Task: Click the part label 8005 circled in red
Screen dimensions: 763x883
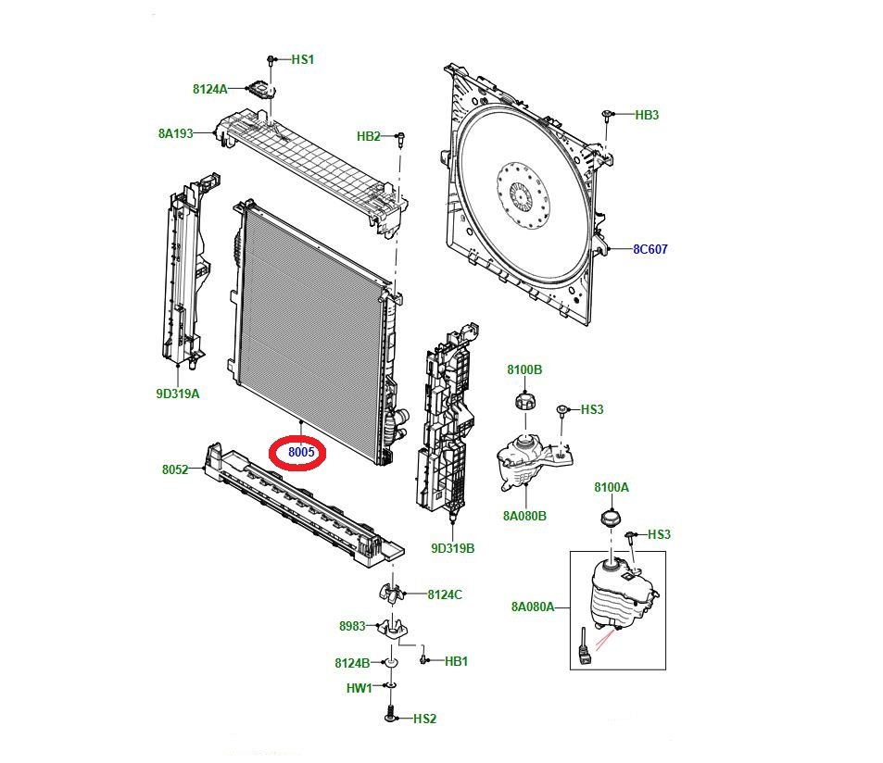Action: [x=303, y=453]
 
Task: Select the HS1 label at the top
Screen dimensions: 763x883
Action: [x=303, y=59]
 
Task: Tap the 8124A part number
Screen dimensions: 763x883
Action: [x=209, y=89]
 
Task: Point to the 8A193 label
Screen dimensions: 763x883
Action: [x=175, y=133]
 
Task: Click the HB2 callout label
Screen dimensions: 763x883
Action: [x=369, y=137]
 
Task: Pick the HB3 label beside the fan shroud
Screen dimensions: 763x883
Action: [x=647, y=115]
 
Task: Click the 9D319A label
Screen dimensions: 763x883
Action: [x=178, y=394]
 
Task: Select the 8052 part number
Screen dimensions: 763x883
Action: [x=175, y=469]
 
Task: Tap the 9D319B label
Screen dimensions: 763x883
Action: [x=452, y=548]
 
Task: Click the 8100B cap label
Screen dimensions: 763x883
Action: [x=524, y=369]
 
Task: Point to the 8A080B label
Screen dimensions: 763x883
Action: [x=525, y=516]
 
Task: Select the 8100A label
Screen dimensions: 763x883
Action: [x=612, y=487]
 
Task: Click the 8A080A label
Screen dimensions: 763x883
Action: [x=532, y=607]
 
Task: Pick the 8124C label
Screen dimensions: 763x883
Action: [x=444, y=594]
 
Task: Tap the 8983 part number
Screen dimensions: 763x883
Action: [x=352, y=627]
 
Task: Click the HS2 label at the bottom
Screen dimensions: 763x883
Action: [x=424, y=719]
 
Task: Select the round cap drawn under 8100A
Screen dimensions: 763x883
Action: [x=610, y=516]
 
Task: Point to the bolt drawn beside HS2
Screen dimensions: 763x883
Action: [x=390, y=716]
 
